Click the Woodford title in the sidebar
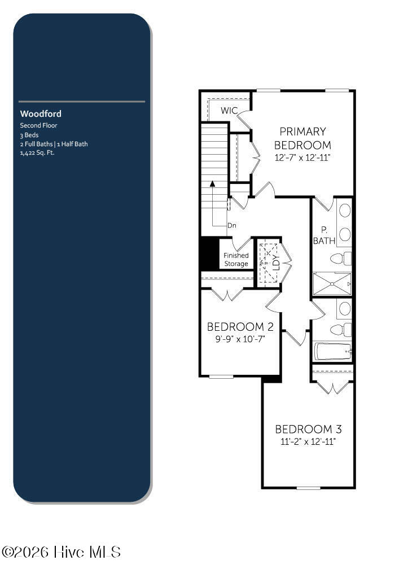pos(41,114)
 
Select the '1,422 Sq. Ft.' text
pos(37,152)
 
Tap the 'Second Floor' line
pos(38,125)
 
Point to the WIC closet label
pos(229,110)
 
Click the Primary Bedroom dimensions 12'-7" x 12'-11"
pos(302,157)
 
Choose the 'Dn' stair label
pos(232,225)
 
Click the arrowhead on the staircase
pos(212,183)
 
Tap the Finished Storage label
pos(236,260)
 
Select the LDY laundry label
pos(277,262)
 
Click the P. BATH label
pos(324,235)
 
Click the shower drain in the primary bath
pos(332,284)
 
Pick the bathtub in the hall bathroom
pos(333,352)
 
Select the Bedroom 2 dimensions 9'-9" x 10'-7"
pos(240,339)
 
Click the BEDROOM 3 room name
pos(308,429)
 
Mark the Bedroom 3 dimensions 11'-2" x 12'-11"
pos(308,441)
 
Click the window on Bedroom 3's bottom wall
pos(309,488)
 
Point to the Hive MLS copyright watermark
pos(61,552)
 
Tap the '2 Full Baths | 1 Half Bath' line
pos(54,144)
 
